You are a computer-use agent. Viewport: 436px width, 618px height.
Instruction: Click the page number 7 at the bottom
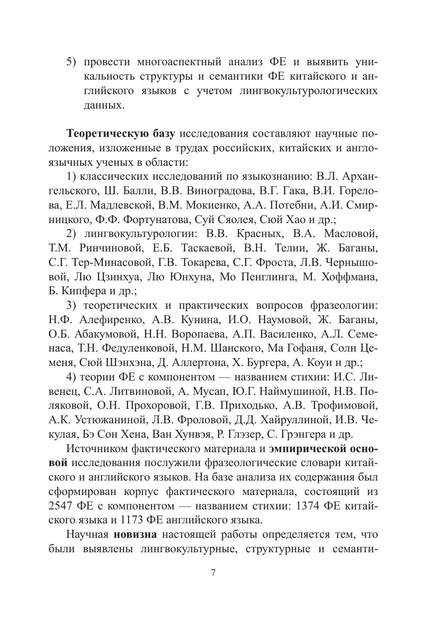coord(213,572)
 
